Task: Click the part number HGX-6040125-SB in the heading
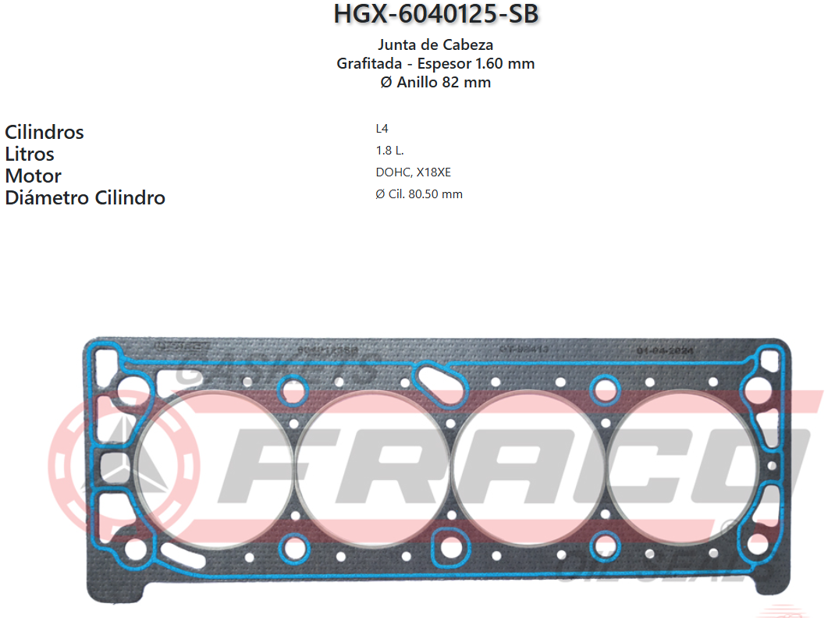pyautogui.click(x=435, y=14)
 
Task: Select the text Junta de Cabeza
pyautogui.click(x=435, y=44)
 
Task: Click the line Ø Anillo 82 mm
pyautogui.click(x=435, y=82)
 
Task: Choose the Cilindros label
pyautogui.click(x=44, y=132)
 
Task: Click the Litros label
pyautogui.click(x=30, y=154)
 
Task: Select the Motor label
pyautogui.click(x=33, y=176)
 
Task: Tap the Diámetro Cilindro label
pyautogui.click(x=85, y=197)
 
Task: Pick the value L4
pyautogui.click(x=382, y=129)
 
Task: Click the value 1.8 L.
pyautogui.click(x=389, y=151)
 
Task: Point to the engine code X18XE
pyautogui.click(x=434, y=172)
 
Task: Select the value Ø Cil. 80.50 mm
pyautogui.click(x=419, y=194)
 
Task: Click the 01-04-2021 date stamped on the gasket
pyautogui.click(x=664, y=351)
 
